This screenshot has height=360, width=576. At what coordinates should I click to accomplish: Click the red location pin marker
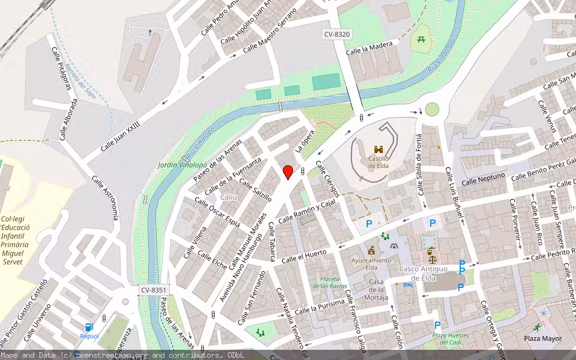coord(288,172)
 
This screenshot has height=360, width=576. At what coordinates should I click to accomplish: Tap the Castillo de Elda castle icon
coord(379,149)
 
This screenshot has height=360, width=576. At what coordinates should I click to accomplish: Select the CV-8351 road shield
coord(154,290)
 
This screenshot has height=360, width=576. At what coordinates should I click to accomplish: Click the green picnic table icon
coord(422,40)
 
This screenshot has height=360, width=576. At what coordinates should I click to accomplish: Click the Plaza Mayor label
coord(542,338)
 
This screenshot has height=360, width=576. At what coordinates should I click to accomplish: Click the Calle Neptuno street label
coord(483,179)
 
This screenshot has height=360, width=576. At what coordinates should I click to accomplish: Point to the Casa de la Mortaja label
coord(376,290)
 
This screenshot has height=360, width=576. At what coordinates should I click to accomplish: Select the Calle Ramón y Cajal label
coord(306,211)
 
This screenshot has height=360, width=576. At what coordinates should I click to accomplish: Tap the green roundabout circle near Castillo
coord(432,109)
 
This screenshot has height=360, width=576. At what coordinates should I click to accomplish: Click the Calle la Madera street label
coord(373,46)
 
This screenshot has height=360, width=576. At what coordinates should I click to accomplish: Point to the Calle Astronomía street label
coord(105,198)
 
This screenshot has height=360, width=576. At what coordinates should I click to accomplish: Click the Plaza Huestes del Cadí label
coord(451,339)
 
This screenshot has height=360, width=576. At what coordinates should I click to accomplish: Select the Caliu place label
coord(229,197)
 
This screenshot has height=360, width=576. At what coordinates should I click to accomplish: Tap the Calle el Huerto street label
coord(304,256)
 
